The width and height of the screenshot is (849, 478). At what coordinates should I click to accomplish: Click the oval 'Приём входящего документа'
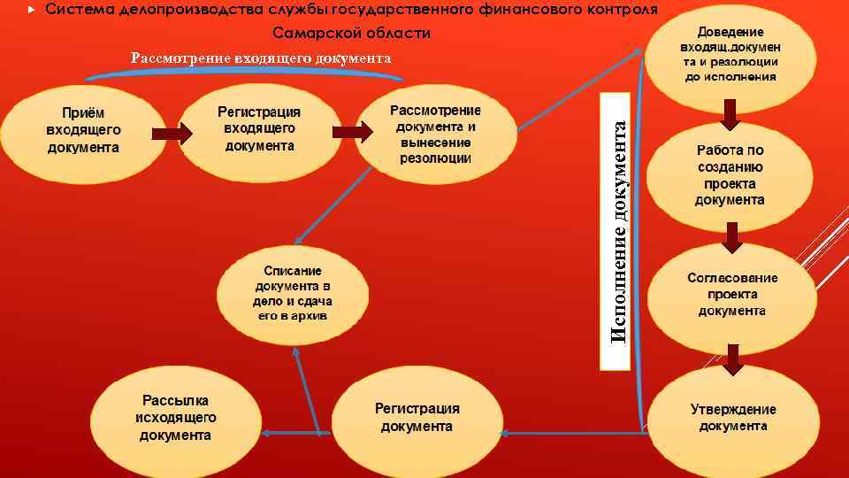pos(84,134)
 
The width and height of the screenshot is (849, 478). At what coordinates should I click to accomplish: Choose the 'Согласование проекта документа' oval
pos(730,294)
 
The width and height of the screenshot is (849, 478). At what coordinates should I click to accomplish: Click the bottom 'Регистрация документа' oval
pos(417,417)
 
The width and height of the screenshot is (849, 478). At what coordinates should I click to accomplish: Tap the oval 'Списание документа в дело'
pos(293,292)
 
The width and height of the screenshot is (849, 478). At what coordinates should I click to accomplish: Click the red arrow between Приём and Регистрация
pos(172,133)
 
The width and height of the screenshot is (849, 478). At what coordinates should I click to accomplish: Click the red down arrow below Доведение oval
pos(730,112)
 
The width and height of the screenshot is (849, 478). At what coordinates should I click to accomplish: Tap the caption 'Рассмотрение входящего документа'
pos(261,58)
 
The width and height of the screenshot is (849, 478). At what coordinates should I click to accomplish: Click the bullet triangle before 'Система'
pos(32,10)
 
